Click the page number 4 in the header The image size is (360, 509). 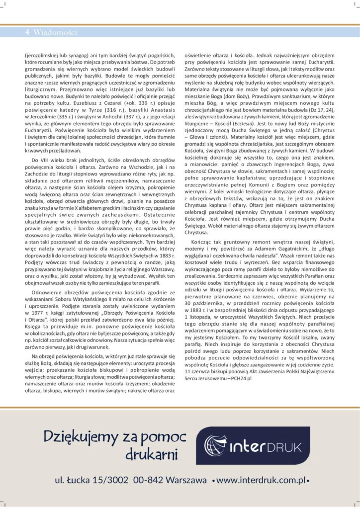(27, 33)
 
